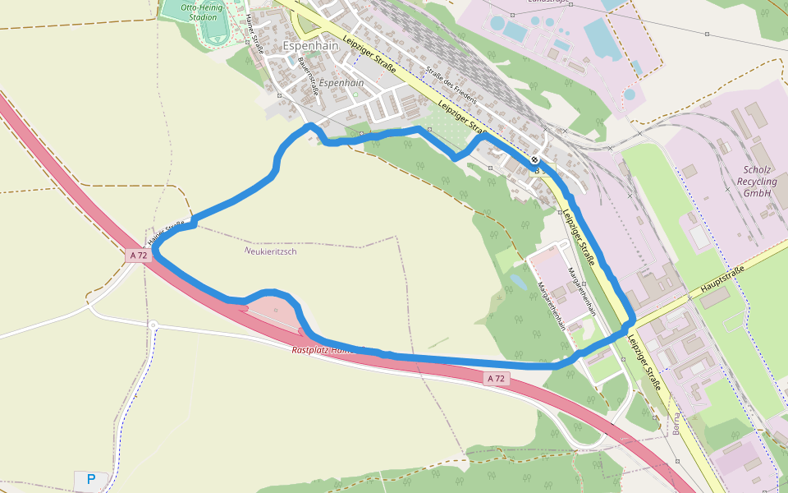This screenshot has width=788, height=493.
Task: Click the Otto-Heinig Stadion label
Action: pos(202,12)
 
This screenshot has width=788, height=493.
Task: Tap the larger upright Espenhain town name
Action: pos(310,47)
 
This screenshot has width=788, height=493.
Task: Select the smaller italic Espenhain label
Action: pos(341,83)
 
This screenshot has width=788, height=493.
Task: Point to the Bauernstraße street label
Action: pos(308,74)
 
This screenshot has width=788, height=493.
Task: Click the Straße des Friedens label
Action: pos(449,85)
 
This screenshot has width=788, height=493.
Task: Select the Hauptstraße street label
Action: pos(722,280)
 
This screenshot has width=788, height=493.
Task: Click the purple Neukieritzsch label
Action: pos(271,251)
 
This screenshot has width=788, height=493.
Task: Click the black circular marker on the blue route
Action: pos(535,159)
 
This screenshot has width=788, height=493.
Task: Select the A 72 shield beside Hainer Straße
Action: pos(139,256)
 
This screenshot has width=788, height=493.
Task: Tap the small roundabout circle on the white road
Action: pos(153,325)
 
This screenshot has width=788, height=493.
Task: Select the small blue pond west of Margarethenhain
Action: pos(519,281)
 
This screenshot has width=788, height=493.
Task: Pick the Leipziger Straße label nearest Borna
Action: pos(643,359)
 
